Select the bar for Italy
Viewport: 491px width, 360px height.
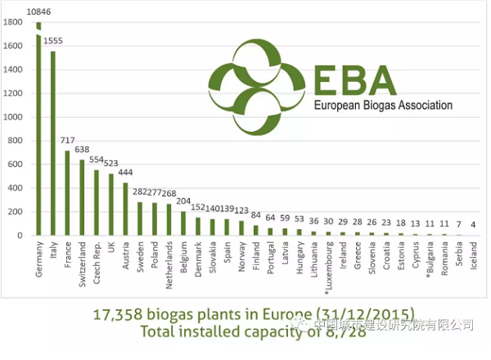(52, 143)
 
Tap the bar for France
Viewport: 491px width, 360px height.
(67, 193)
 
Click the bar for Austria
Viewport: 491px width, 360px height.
(125, 209)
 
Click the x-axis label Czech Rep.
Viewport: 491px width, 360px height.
(97, 259)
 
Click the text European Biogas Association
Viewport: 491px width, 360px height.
(383, 106)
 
